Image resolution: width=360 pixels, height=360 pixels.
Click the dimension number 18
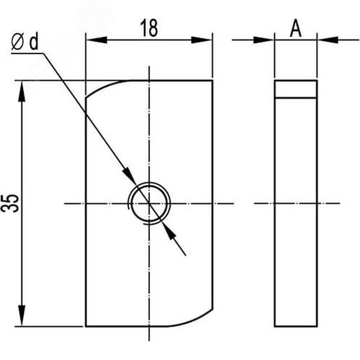point(149,28)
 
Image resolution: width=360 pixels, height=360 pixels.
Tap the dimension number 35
point(10,203)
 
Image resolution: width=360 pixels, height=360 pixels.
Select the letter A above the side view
point(296,28)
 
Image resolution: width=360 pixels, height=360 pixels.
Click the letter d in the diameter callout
point(34,41)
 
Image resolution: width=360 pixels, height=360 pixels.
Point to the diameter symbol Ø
point(17,42)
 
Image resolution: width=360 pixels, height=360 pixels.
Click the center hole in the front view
point(149,204)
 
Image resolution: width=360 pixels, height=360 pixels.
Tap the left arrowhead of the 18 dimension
point(96,40)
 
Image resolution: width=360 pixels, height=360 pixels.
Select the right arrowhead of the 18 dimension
point(202,40)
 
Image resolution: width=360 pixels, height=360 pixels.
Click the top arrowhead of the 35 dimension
point(22,92)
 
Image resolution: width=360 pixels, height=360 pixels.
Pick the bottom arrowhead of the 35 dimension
point(22,315)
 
